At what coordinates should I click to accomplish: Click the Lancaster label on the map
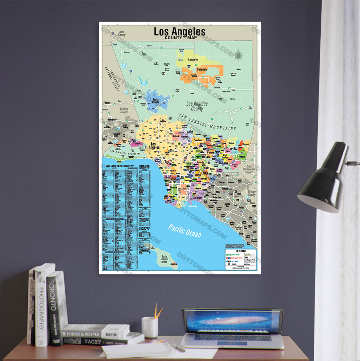tap(193, 59)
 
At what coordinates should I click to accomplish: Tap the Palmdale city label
tap(202, 69)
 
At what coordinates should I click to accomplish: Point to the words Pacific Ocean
tap(185, 230)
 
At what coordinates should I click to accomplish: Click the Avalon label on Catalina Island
tap(174, 264)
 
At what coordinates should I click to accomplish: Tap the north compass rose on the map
tap(238, 55)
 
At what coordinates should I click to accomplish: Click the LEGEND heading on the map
tap(240, 251)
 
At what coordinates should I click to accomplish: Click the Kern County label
tap(122, 34)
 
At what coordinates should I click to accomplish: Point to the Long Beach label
tap(197, 198)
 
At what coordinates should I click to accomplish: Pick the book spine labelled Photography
tap(42, 306)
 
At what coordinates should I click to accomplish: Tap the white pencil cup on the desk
tap(149, 327)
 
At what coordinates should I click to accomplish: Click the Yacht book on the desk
tap(94, 341)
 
